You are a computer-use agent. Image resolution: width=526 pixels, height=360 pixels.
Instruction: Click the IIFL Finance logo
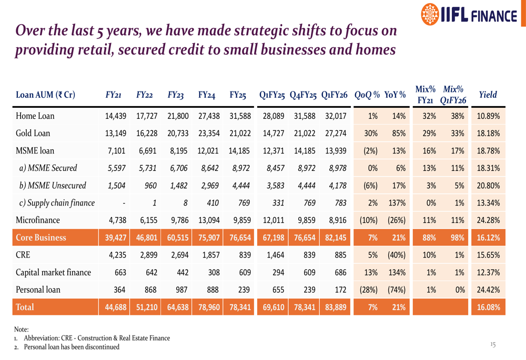click(x=469, y=15)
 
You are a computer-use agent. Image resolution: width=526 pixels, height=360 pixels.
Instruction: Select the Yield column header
click(x=488, y=95)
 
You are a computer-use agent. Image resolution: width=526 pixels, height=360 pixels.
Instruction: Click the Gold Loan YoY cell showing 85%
click(x=399, y=133)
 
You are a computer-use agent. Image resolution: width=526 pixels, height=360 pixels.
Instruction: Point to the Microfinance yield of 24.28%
click(x=488, y=220)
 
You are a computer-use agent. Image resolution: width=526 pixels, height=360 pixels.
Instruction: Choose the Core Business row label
click(x=42, y=238)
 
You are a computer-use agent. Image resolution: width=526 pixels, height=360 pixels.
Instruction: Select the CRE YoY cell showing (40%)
click(x=396, y=255)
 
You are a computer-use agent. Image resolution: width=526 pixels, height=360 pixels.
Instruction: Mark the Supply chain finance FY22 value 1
click(x=155, y=203)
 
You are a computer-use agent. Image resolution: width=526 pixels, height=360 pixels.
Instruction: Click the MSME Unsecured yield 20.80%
click(x=488, y=186)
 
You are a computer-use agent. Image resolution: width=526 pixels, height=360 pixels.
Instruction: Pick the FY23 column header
click(x=175, y=95)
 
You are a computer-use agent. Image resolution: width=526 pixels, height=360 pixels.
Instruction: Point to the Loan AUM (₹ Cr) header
click(x=46, y=95)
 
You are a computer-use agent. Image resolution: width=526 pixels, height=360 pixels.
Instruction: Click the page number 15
click(x=493, y=345)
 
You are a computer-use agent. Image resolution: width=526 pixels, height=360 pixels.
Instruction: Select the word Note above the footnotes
click(x=22, y=329)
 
